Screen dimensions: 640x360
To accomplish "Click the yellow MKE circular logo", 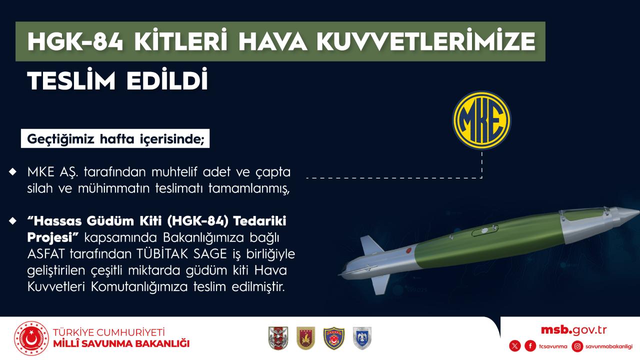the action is pos(481,120).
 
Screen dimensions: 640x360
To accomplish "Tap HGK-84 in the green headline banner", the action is pos(75,41).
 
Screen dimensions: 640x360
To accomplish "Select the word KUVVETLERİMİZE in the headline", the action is pos(425,41).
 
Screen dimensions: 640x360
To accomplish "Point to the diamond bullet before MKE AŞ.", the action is pos(13,171).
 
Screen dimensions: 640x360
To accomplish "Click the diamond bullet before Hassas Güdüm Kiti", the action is pos(13,220).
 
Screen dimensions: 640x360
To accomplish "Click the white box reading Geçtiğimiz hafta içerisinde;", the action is pos(115,138).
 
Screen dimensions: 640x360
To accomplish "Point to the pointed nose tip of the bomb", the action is pos(638,211).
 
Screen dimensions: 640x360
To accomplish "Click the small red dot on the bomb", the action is pos(408,250).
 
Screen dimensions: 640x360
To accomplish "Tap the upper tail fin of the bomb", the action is pos(371,245).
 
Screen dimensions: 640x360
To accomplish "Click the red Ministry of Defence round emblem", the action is pos(31,338).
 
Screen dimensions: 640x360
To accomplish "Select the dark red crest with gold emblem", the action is pos(305,338).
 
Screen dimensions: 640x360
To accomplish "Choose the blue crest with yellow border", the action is pos(333,338).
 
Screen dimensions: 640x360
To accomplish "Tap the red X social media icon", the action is pos(515,346).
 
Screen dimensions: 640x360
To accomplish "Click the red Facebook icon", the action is pos(530,346).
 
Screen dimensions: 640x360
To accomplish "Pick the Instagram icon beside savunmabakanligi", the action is pos(577,346).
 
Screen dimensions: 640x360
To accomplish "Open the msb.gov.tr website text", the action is pos(573,330).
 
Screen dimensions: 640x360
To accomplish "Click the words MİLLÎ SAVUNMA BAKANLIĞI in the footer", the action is pos(121,343).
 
